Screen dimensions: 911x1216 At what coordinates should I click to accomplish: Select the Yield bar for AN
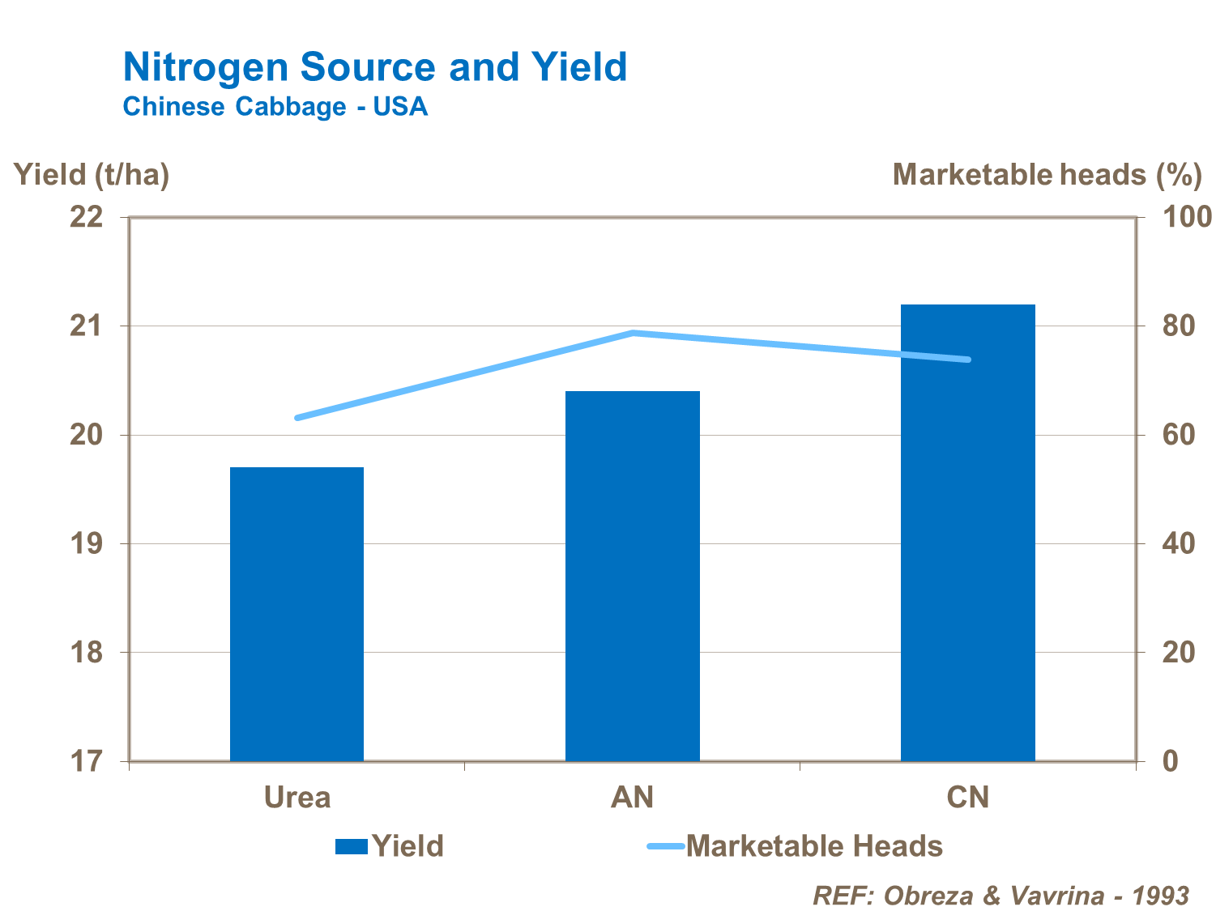click(632, 575)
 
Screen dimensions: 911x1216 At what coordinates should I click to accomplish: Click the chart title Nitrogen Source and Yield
click(374, 66)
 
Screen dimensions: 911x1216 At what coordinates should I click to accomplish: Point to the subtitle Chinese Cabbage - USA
click(275, 107)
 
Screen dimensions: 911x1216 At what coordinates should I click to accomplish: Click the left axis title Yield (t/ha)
click(92, 174)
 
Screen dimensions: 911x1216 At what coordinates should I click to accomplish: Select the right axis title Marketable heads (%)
click(1046, 174)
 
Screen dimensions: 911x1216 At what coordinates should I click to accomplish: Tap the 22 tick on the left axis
click(87, 217)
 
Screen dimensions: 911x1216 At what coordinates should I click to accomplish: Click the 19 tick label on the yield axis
click(87, 543)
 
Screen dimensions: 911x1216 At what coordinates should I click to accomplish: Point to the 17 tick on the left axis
click(87, 761)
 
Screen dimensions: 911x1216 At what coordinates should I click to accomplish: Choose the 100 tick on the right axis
click(1188, 217)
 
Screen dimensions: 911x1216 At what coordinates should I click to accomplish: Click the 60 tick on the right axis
click(1178, 435)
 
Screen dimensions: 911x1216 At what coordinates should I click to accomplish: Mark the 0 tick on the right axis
click(1170, 761)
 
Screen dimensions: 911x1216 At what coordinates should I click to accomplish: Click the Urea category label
click(297, 798)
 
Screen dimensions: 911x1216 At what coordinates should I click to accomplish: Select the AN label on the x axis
click(632, 798)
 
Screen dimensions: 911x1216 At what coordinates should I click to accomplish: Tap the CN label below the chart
click(968, 798)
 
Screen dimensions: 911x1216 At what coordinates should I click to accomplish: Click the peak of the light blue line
click(633, 333)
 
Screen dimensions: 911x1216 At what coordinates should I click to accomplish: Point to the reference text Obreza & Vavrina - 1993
click(1001, 896)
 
